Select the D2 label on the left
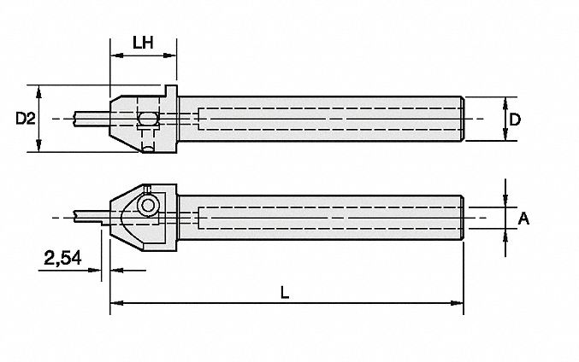[x=27, y=120]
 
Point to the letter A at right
[x=526, y=219]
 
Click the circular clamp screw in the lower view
[x=149, y=206]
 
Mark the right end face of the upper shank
[x=463, y=120]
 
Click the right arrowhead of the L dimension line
[x=458, y=302]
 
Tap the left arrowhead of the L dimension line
[x=115, y=302]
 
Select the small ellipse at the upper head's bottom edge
[x=149, y=149]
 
